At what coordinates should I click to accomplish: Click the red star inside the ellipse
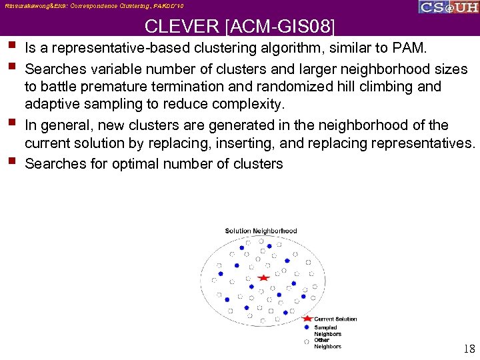coord(264,277)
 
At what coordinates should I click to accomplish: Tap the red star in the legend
coord(307,319)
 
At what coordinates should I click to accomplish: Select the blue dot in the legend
coord(306,327)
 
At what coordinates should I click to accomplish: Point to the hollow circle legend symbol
coord(306,341)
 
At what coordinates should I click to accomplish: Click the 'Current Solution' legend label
coord(335,319)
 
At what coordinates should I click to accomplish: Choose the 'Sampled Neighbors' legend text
coord(327,331)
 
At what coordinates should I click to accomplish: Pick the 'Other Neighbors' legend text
coord(327,343)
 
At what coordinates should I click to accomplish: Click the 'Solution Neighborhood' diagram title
coord(261,231)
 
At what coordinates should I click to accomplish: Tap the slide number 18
coord(469,349)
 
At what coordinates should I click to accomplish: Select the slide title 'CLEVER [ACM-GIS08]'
coord(240,27)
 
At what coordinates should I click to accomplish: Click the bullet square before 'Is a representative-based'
coord(13,46)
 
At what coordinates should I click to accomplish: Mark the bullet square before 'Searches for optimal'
coord(13,161)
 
